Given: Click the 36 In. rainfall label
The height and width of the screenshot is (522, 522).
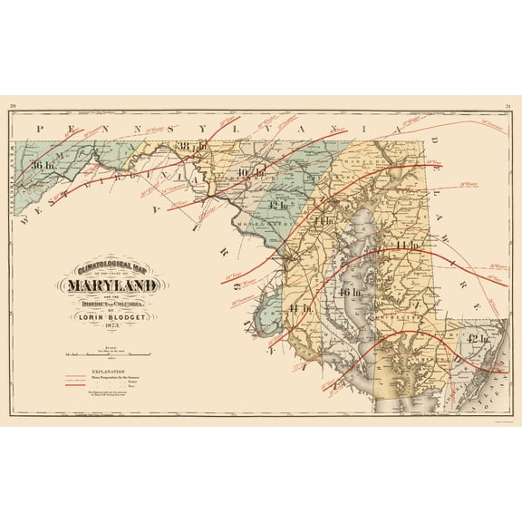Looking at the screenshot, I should click(43, 165).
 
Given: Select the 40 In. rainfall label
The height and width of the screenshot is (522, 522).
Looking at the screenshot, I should click(251, 172).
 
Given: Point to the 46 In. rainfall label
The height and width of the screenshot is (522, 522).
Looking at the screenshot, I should click(349, 293).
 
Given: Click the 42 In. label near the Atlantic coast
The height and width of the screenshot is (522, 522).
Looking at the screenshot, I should click(477, 337).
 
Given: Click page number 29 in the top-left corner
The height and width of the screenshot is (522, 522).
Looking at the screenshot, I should click(14, 107).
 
